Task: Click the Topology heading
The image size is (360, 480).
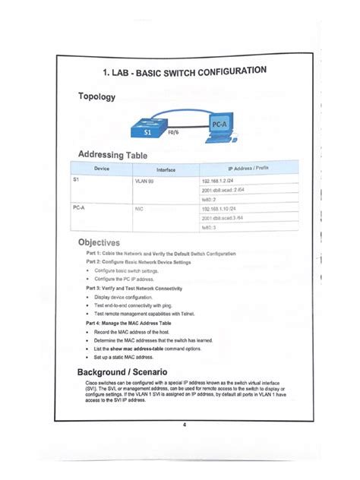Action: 96,97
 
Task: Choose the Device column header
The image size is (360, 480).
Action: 103,168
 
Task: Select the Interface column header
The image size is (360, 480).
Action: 166,169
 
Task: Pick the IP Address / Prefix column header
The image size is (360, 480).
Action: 248,167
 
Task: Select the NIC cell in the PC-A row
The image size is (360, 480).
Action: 140,208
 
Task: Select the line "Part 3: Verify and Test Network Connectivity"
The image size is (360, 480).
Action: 144,289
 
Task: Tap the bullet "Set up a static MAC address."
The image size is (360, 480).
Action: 128,356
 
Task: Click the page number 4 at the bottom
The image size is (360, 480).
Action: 185,425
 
